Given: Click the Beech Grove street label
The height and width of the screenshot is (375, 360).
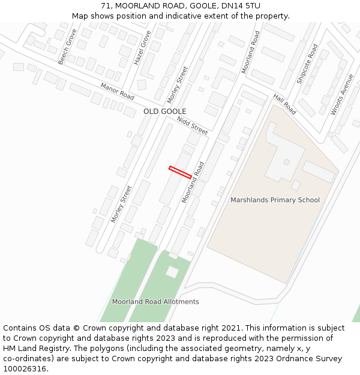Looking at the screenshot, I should point(68,47).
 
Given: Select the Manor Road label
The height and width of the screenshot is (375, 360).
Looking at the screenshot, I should point(117,91).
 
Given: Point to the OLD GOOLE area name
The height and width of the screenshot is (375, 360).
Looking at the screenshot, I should point(164,112).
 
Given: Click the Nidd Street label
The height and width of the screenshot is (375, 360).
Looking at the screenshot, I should point(192,125).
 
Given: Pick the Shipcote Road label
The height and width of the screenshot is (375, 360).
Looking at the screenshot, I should point(307,64).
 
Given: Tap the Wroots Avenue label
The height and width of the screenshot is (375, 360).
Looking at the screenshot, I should point(342,94).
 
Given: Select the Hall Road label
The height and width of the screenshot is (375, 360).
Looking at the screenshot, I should point(284,104).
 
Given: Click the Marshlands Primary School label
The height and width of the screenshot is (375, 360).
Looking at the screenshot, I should point(275,200).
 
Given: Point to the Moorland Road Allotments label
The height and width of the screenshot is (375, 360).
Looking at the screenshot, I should point(155,302).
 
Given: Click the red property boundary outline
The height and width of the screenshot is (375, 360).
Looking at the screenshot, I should point(180,172).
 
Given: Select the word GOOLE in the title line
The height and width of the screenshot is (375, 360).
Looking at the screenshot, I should point(197,6).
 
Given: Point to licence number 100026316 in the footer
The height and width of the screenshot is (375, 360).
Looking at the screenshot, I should point(24,369).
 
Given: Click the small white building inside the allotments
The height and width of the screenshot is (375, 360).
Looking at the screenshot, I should point(172,272).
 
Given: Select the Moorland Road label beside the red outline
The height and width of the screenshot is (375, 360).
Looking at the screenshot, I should point(193,181).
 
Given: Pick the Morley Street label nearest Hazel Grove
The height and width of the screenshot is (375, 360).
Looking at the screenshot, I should point(178,85).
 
